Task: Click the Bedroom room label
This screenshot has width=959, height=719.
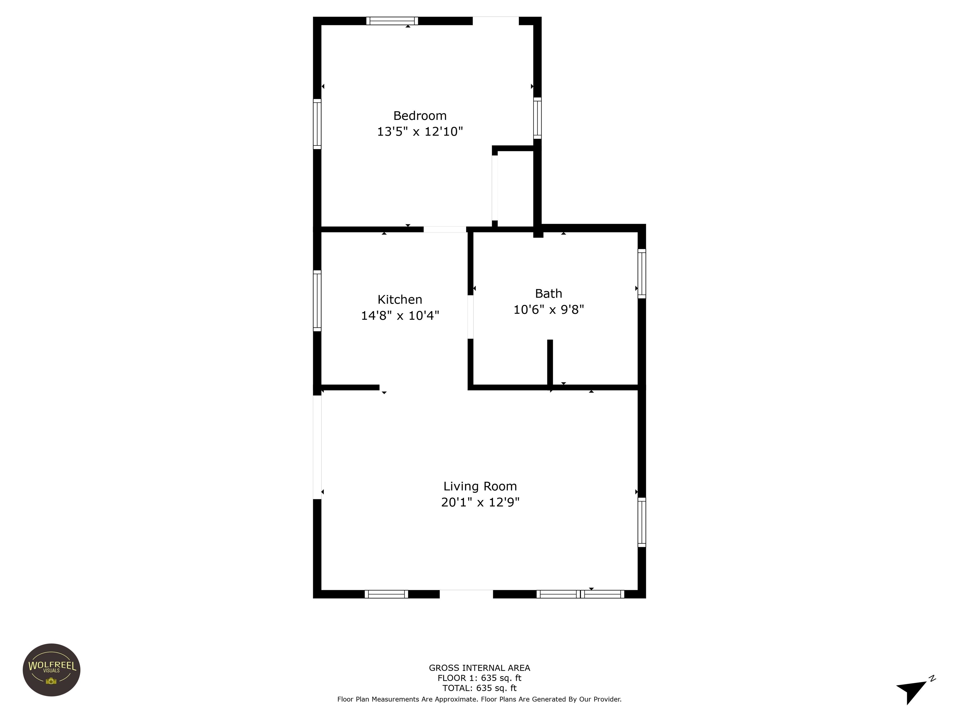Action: tap(420, 116)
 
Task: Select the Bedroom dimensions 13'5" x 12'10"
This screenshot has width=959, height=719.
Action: tap(420, 131)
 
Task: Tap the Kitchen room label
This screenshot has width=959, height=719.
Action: tap(400, 300)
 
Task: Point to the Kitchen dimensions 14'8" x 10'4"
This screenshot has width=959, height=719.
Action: tap(400, 315)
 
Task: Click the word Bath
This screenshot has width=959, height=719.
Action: tap(548, 293)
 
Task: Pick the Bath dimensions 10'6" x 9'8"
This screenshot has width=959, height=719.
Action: tap(548, 310)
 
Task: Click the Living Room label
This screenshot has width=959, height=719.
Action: tap(480, 486)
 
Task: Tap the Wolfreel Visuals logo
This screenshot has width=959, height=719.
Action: tap(52, 670)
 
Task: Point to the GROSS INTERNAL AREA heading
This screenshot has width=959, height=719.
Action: tap(479, 668)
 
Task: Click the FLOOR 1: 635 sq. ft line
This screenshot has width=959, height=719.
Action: tap(479, 678)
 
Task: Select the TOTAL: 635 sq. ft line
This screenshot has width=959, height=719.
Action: tap(479, 688)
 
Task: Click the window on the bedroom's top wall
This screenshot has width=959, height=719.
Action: tap(392, 21)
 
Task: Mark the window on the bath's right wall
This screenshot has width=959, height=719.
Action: tap(642, 273)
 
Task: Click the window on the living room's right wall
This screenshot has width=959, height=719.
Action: tap(642, 522)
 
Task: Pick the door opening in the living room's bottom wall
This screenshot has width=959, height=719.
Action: tap(466, 594)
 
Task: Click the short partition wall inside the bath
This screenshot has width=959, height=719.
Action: tap(550, 362)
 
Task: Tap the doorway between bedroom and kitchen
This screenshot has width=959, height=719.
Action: tap(445, 229)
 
